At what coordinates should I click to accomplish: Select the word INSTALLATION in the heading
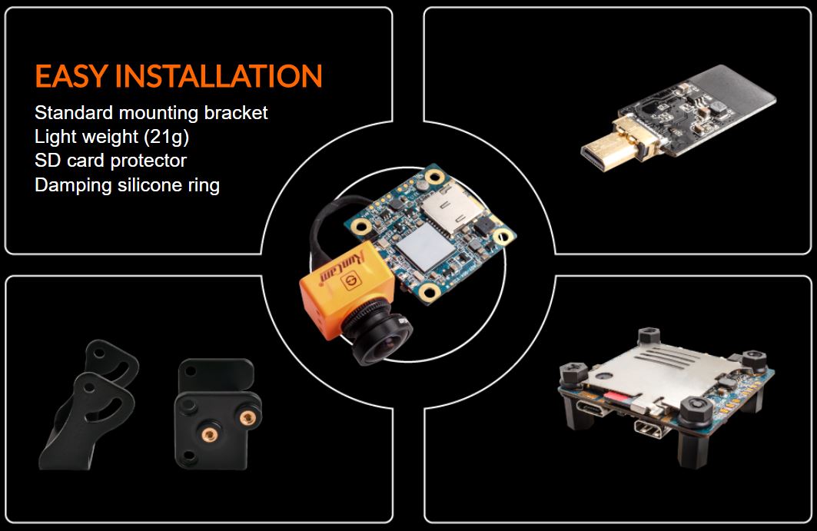218,77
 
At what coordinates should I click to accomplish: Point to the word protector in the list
151,161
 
